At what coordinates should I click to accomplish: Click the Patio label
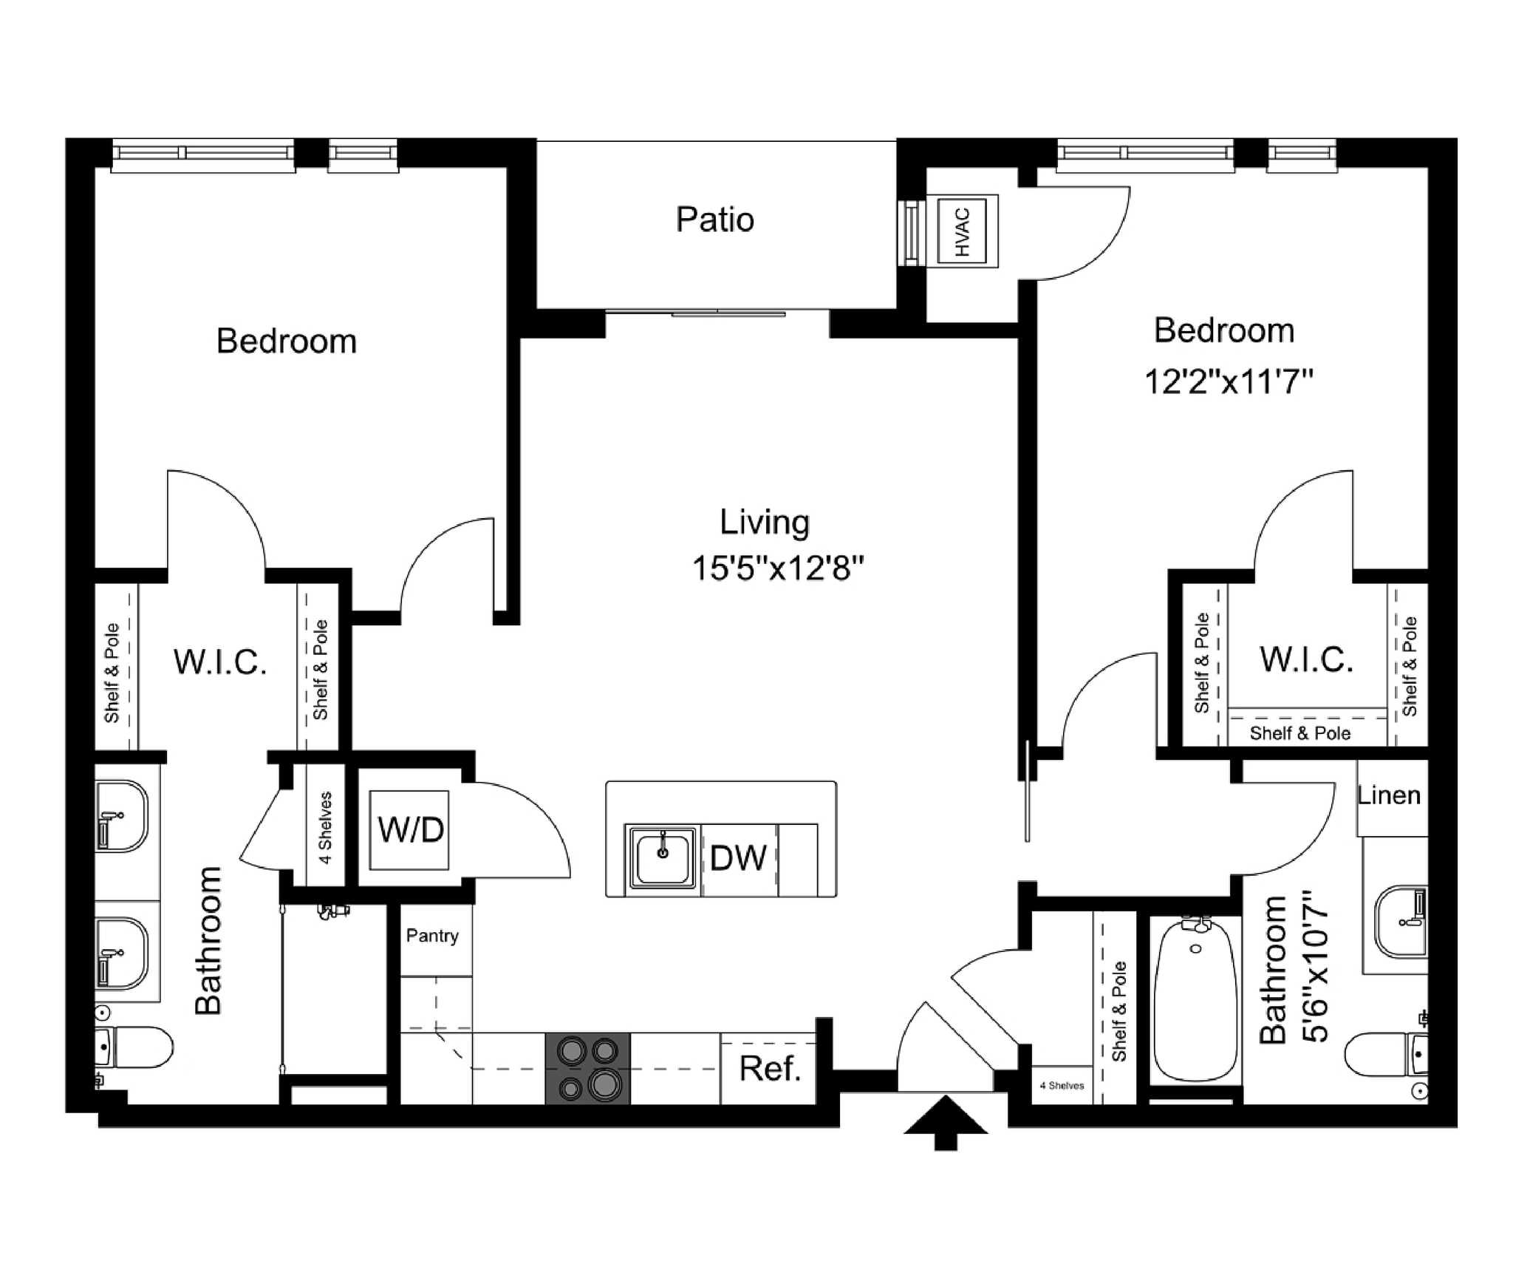point(714,220)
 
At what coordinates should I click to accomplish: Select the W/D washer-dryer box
point(410,829)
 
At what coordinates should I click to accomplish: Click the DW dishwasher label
point(738,858)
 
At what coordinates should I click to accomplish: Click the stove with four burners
point(588,1069)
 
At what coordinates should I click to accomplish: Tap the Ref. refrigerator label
point(770,1069)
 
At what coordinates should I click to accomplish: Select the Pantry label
point(432,936)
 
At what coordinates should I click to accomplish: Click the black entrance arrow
point(946,1123)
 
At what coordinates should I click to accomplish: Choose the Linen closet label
point(1389,796)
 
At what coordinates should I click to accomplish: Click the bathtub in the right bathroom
point(1196,999)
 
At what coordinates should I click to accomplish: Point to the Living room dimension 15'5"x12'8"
point(777,569)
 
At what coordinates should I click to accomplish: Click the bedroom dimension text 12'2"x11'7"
point(1228,383)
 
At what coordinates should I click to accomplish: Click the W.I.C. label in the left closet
point(220,662)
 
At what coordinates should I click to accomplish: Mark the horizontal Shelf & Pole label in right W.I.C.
point(1299,733)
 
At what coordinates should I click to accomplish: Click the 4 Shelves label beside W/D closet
point(325,827)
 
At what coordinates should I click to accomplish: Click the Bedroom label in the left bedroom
point(286,341)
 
